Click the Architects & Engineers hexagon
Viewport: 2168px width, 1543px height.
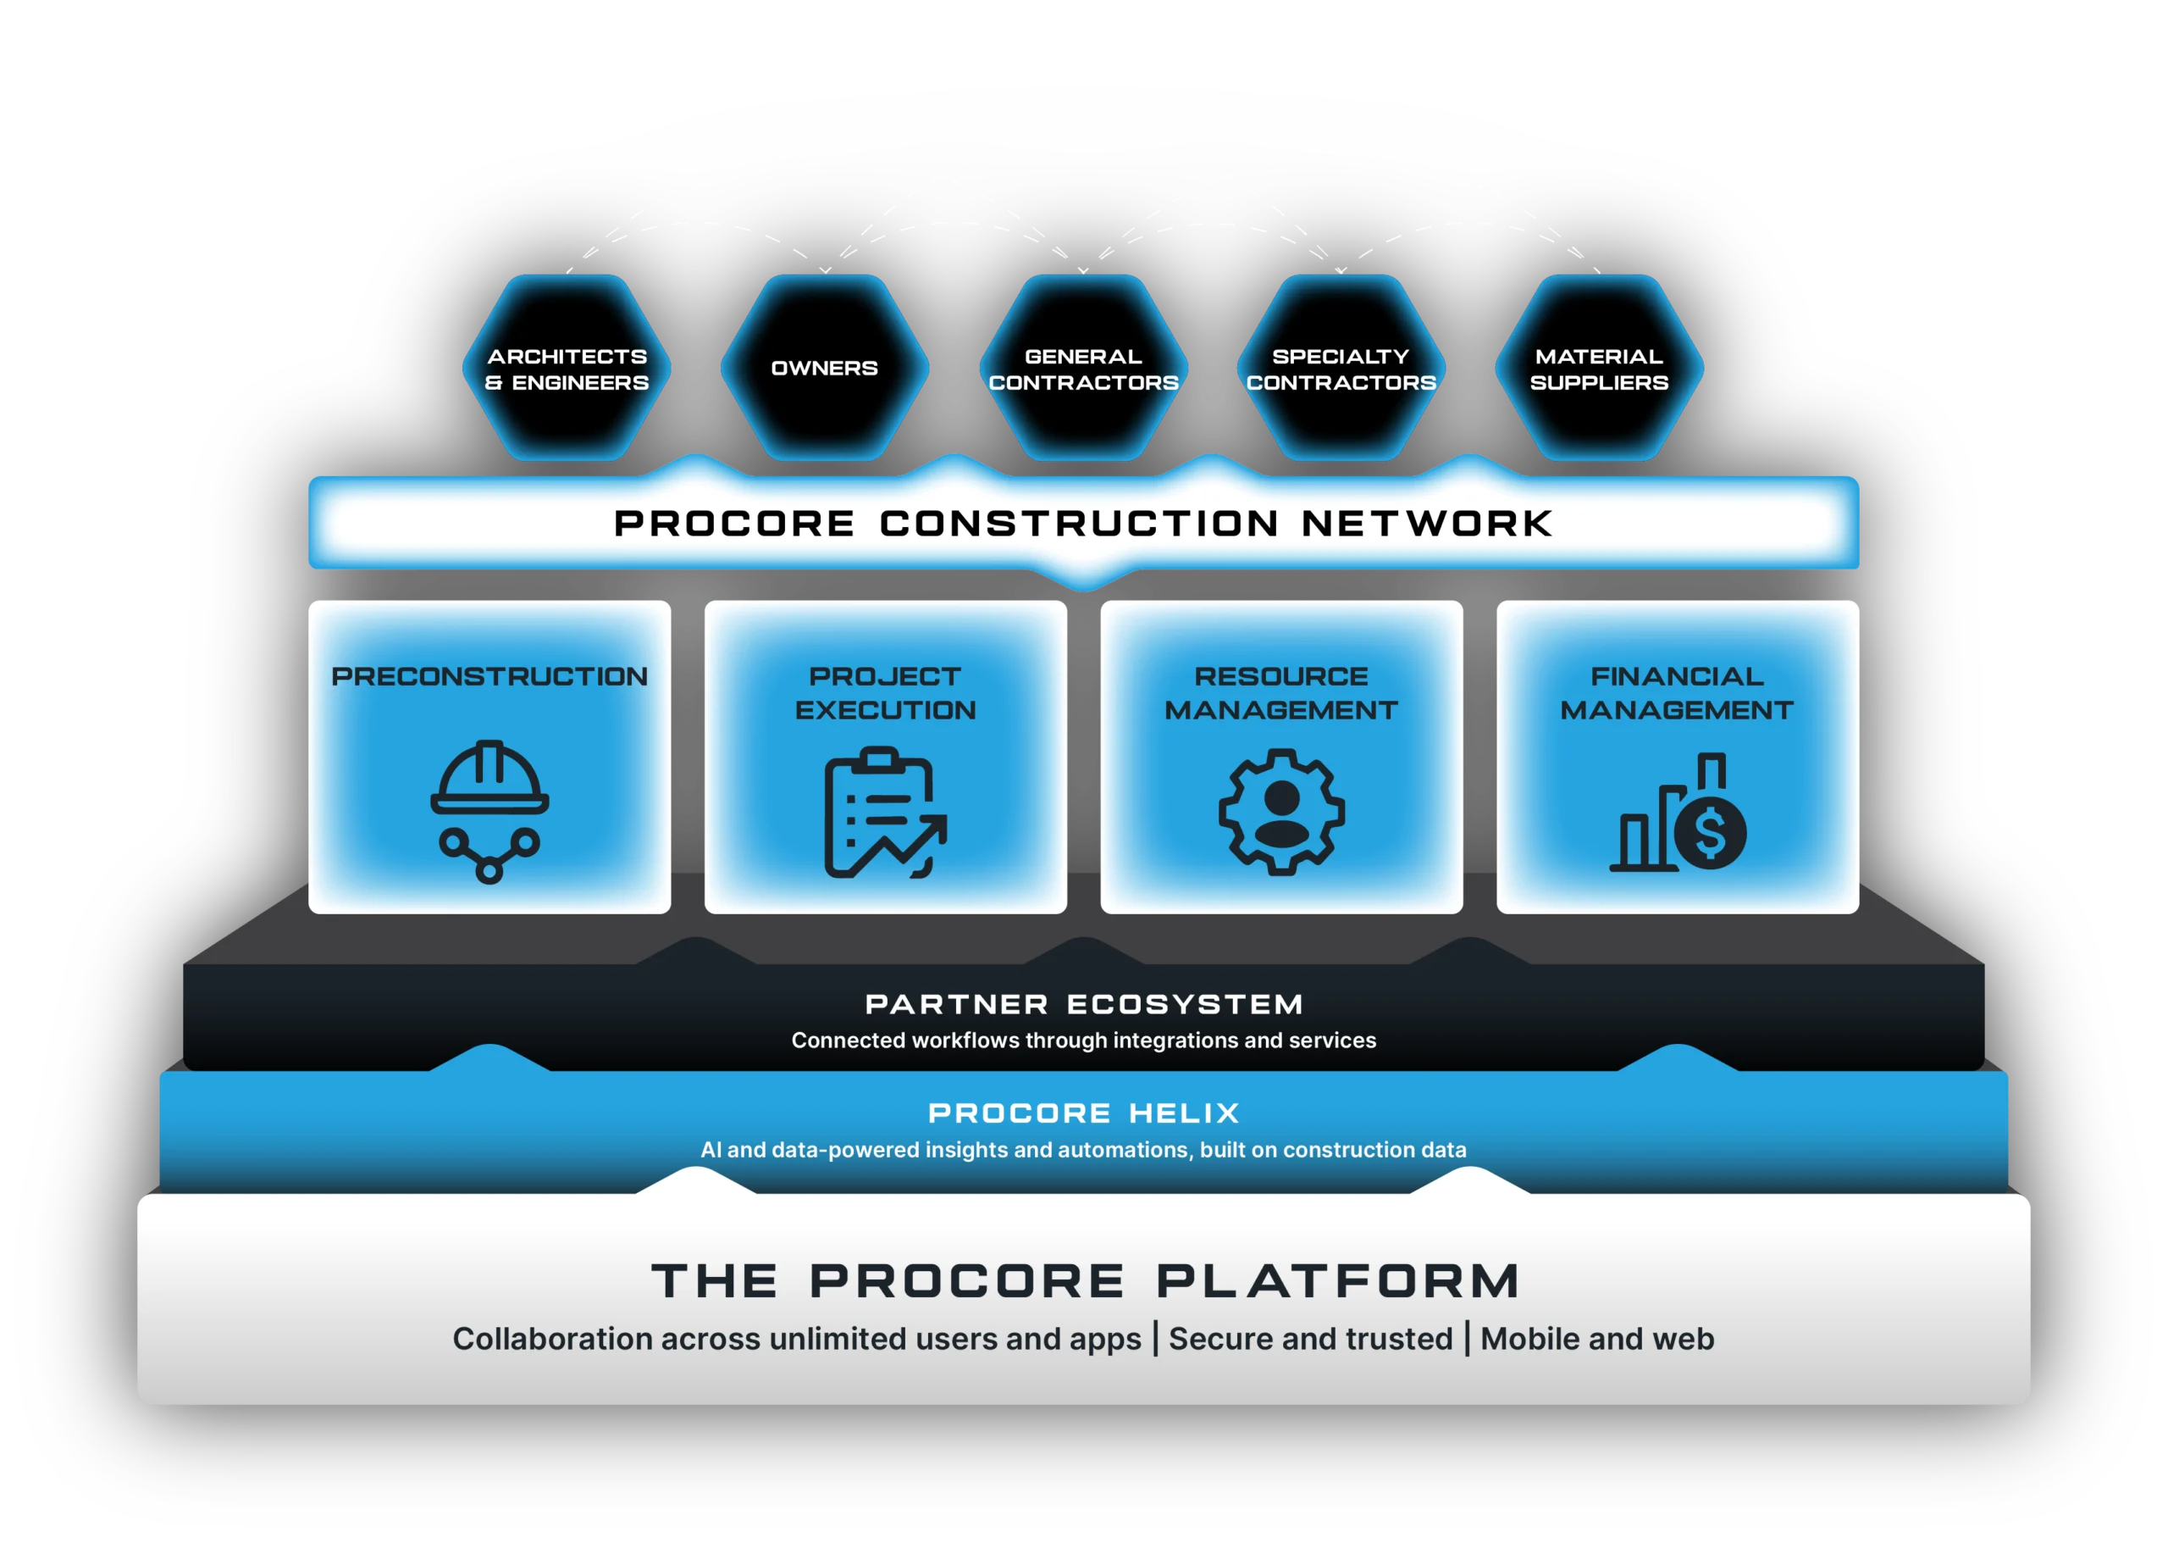tap(567, 369)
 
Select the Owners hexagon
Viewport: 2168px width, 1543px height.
tap(824, 369)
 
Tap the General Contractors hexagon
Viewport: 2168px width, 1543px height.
tap(1083, 369)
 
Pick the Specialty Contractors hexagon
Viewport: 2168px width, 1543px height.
tap(1341, 369)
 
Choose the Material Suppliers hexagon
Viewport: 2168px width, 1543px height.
tap(1599, 369)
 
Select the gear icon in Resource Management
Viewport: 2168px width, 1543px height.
tap(1281, 812)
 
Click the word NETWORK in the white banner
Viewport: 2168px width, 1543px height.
tap(1426, 524)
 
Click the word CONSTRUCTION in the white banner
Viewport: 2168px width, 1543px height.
tap(1079, 524)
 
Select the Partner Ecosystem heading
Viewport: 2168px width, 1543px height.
tap(1083, 1004)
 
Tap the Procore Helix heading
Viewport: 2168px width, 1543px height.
tap(1083, 1113)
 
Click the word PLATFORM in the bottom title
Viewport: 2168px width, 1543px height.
tap(1338, 1281)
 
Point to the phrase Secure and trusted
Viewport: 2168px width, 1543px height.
tap(1310, 1339)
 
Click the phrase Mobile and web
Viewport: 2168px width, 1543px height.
tap(1597, 1339)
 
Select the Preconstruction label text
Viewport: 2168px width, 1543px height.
tap(489, 676)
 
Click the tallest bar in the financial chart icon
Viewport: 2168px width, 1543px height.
tap(1712, 771)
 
